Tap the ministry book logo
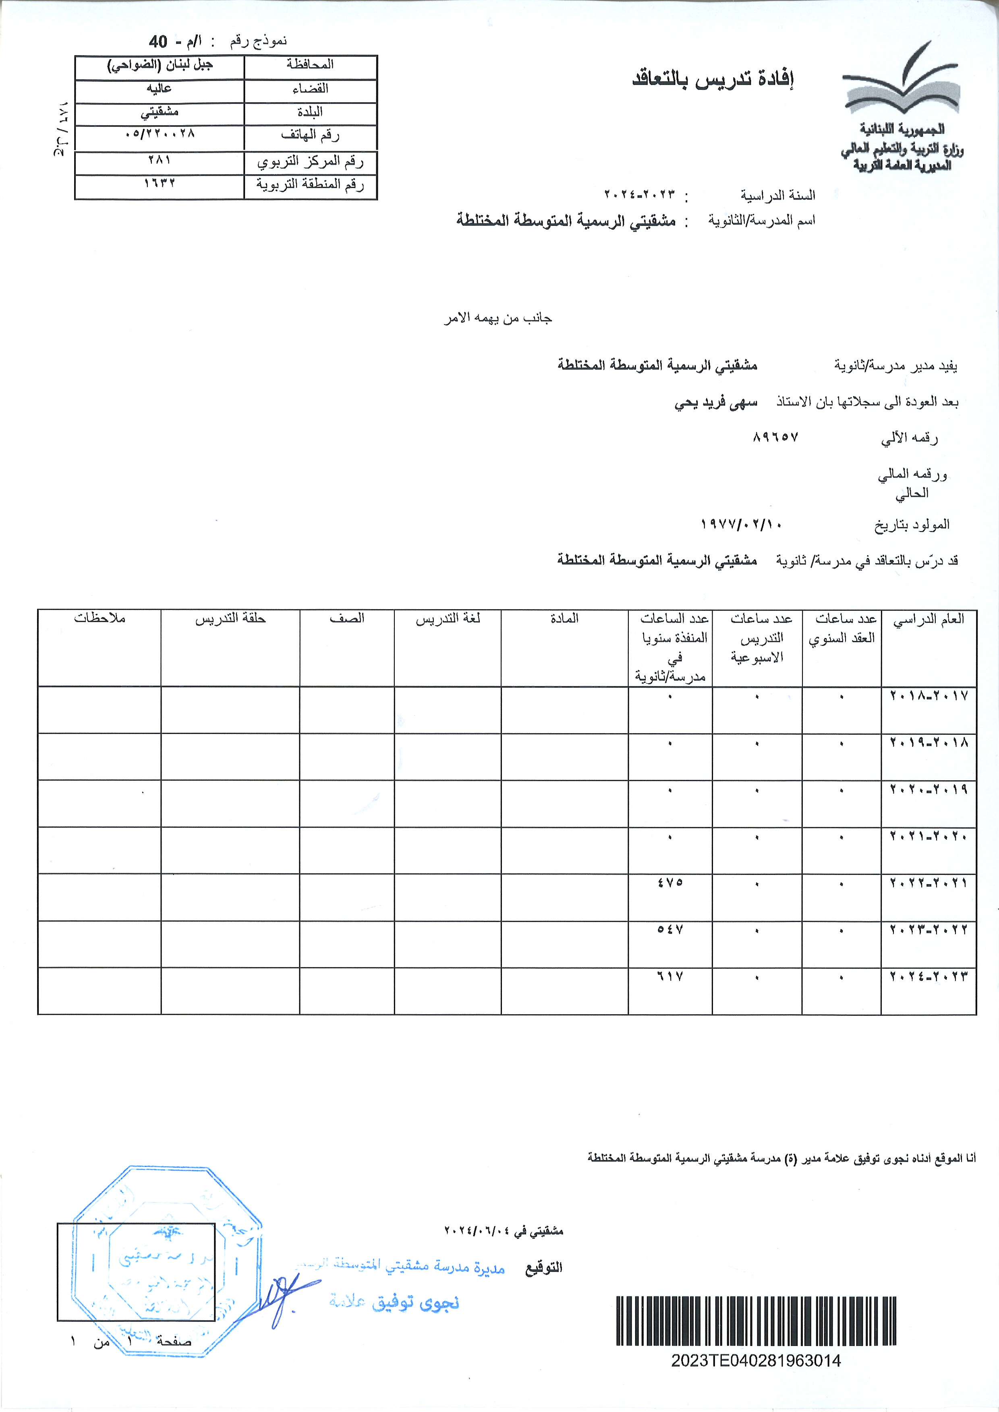click(x=901, y=80)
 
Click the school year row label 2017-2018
click(x=929, y=696)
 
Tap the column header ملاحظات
click(x=99, y=618)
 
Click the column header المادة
click(x=564, y=618)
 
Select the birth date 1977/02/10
click(x=741, y=525)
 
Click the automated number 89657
click(x=775, y=437)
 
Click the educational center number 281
click(x=160, y=160)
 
